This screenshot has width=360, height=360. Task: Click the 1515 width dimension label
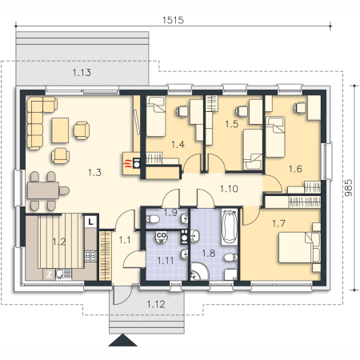coord(173,20)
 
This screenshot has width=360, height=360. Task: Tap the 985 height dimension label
coord(348,188)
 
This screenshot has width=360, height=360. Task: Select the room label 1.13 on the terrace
coord(82,72)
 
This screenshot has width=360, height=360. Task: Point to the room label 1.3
coord(94,172)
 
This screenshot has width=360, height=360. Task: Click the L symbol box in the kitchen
coord(91,222)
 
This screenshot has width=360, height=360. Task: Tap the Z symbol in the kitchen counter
coord(50,274)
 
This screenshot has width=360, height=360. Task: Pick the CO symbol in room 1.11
coord(162,235)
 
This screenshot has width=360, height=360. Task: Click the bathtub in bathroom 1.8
coord(230,226)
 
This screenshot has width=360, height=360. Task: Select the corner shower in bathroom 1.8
coord(199,271)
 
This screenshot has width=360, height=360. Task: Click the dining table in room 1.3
coord(43,190)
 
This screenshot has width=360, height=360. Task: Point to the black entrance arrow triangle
coord(122,340)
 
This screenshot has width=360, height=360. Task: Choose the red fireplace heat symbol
coord(128,163)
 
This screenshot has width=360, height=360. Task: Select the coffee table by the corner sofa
coord(60,130)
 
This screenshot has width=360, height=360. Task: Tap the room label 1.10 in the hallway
coord(229,189)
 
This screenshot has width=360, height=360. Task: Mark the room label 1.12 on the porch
coord(156,304)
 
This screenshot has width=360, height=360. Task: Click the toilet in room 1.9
coord(152,219)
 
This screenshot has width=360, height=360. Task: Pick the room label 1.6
coord(295,169)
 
